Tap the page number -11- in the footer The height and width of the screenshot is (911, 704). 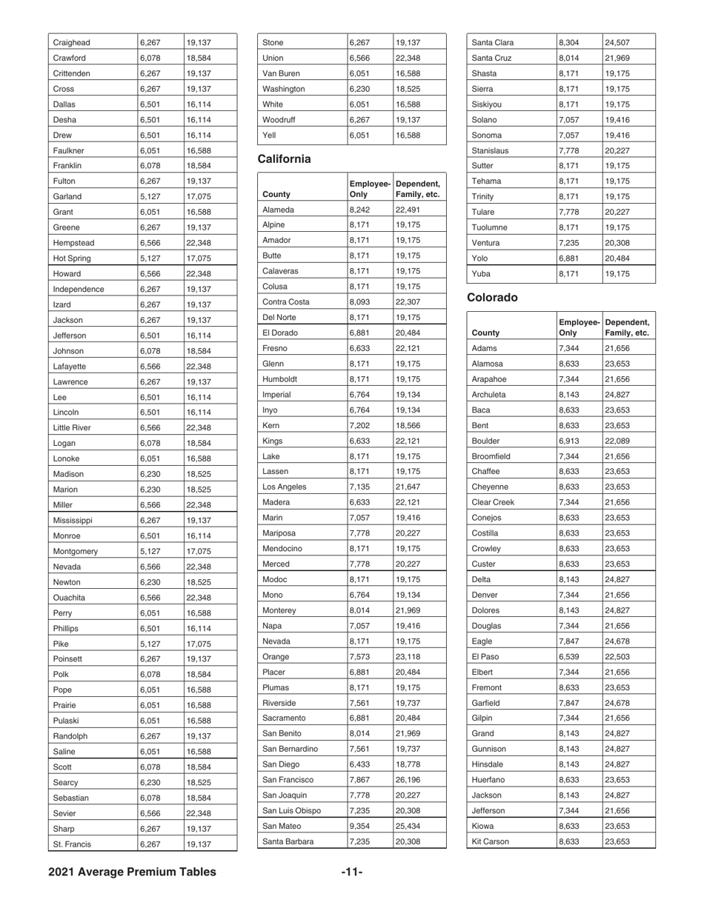(x=351, y=872)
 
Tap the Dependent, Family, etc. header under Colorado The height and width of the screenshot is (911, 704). (x=627, y=327)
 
